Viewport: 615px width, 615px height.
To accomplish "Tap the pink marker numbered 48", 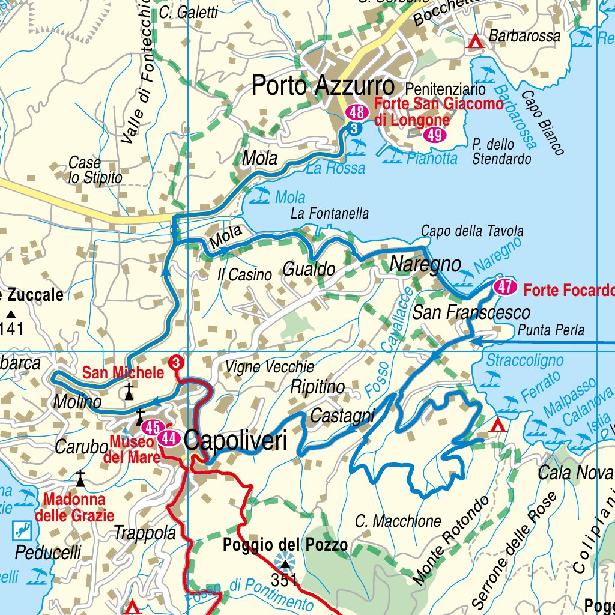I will point(357,112).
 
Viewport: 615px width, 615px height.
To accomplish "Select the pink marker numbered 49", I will point(434,135).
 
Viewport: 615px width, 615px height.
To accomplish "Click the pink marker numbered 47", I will point(505,288).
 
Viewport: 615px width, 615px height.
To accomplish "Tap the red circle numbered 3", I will point(176,363).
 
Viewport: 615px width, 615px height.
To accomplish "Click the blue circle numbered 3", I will point(354,129).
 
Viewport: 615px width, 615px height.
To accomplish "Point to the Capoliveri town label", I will point(235,440).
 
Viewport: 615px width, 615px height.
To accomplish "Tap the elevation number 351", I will point(284,580).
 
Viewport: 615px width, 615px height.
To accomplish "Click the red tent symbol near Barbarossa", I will point(476,41).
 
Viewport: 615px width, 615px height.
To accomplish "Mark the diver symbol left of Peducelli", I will point(21,530).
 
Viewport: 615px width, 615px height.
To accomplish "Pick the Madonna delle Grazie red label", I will point(74,507).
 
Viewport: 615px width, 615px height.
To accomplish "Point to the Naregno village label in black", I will point(425,264).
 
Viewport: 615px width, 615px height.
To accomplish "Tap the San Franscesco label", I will point(471,312).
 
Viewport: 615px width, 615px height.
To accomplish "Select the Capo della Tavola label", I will point(472,231).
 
